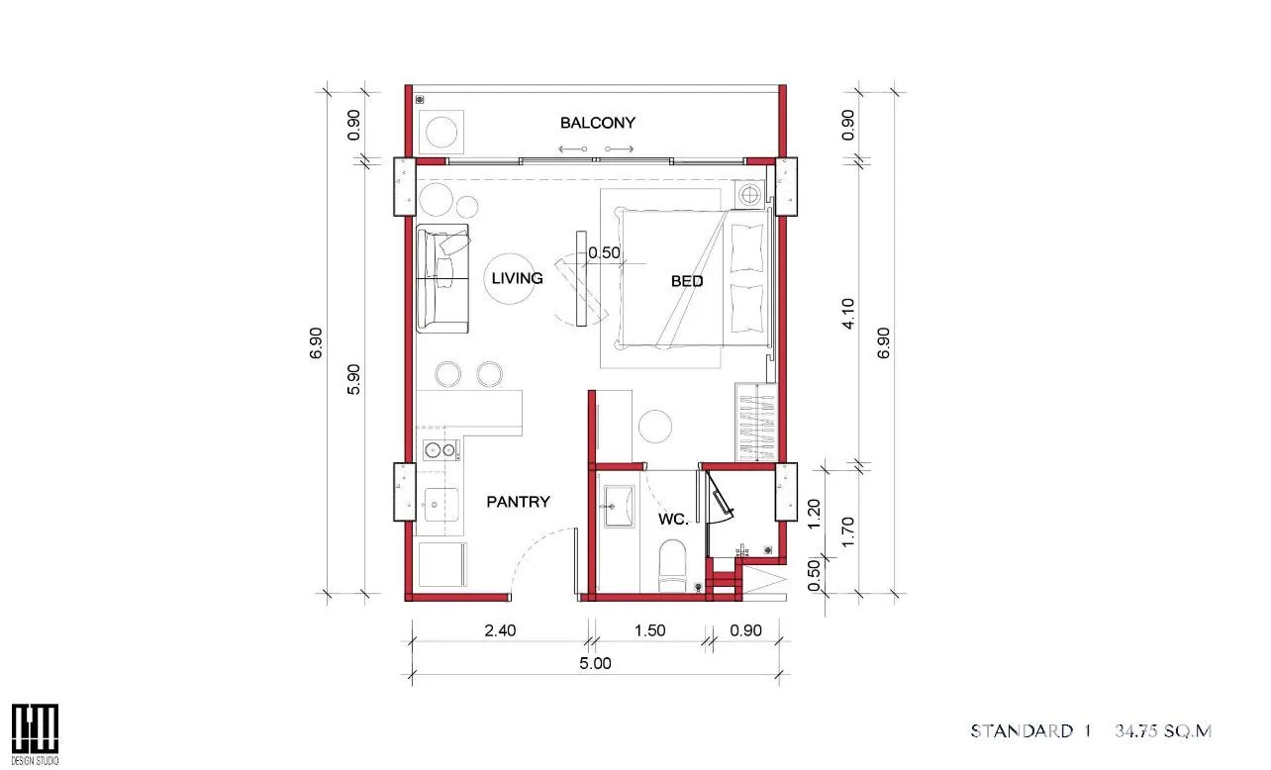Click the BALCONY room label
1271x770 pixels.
(598, 123)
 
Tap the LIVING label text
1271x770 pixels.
(517, 278)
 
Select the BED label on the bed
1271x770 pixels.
(687, 281)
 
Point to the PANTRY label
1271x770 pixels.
(518, 502)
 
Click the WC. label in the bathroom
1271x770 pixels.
(673, 519)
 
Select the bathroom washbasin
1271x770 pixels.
(619, 506)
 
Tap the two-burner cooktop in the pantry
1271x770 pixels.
(440, 450)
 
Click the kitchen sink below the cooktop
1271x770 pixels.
(440, 505)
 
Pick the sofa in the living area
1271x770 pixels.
(442, 278)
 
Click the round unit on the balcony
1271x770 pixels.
(440, 132)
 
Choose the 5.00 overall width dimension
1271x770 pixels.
(595, 663)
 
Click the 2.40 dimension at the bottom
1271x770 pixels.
(500, 630)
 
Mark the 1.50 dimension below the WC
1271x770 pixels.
(649, 630)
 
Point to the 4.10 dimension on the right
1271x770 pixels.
(847, 313)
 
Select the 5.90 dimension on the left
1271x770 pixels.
(353, 379)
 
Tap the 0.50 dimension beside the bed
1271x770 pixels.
(604, 252)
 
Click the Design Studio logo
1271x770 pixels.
(35, 734)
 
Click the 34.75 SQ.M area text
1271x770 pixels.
(1163, 730)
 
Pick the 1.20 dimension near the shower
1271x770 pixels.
(814, 514)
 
